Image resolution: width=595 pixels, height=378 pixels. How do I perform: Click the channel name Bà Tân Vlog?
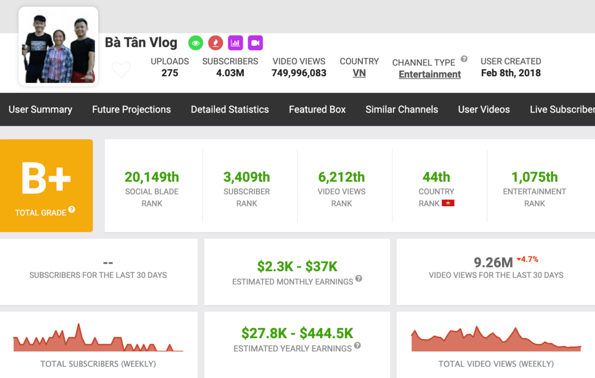[141, 43]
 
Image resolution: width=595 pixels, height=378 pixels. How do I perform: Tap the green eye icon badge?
[196, 43]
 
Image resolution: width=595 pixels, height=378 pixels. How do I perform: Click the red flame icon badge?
[215, 43]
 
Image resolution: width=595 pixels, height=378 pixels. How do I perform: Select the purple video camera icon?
[255, 43]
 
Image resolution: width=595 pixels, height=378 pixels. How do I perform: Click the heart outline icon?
[121, 70]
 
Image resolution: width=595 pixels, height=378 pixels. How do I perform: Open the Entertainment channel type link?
[430, 74]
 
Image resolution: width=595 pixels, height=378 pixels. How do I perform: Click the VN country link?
[359, 73]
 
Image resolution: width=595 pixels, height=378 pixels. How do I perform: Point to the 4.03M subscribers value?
[230, 73]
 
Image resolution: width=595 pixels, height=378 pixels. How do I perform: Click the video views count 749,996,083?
[299, 73]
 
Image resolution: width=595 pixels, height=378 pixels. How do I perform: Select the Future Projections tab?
[131, 110]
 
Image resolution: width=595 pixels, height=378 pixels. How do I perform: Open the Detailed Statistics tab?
[230, 110]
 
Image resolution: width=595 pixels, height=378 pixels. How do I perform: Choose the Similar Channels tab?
[402, 110]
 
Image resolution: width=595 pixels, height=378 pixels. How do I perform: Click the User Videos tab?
[484, 110]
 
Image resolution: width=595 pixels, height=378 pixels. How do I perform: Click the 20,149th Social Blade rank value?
[152, 177]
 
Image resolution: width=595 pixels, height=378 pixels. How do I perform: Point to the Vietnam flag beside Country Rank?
[448, 204]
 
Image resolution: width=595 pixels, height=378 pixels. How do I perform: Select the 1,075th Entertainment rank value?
[534, 177]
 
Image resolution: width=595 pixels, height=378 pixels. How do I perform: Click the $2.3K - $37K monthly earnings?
[297, 266]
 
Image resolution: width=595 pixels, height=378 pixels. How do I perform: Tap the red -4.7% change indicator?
[528, 260]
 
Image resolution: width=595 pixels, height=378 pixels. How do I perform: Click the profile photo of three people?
[58, 46]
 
